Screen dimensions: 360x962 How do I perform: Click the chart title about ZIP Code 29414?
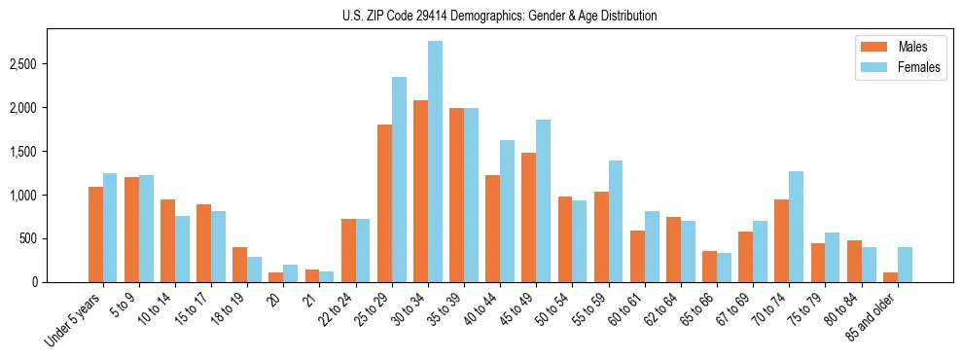click(x=499, y=16)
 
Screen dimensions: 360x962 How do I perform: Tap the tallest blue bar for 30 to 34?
click(x=435, y=162)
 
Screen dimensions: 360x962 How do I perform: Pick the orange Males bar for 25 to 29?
click(x=384, y=203)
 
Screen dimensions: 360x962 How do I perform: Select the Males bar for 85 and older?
click(x=890, y=277)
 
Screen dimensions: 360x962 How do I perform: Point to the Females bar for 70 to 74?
click(x=796, y=227)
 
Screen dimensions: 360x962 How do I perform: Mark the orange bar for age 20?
click(x=275, y=277)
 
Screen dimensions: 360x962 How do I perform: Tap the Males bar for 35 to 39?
click(x=456, y=195)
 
